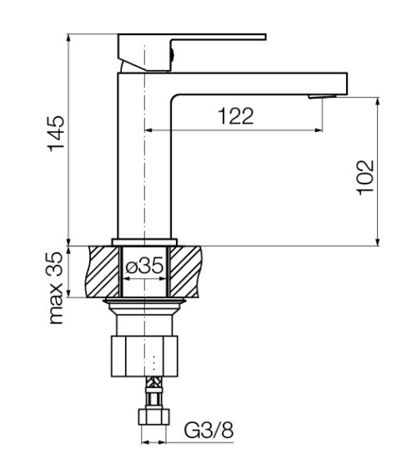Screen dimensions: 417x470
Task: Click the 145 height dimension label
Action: point(56,134)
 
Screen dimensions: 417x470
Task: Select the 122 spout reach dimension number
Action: point(236,116)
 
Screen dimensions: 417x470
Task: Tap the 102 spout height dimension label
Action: point(366,178)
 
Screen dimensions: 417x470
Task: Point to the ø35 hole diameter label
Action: point(145,265)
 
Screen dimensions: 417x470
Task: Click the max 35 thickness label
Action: point(56,288)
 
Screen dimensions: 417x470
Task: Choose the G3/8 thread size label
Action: point(208,430)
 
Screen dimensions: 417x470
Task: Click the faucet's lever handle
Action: point(192,53)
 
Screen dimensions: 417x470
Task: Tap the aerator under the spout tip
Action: point(322,97)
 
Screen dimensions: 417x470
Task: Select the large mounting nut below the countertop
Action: point(144,356)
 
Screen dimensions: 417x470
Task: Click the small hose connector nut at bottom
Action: point(153,417)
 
